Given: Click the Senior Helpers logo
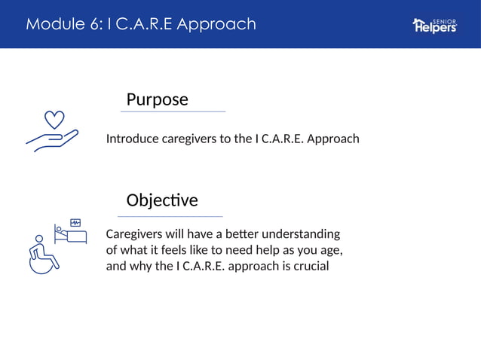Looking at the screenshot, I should click(x=434, y=25).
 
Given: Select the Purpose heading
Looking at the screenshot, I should click(x=157, y=99).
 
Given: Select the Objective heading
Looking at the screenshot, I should click(x=162, y=200).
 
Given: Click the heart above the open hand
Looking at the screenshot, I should click(x=54, y=119).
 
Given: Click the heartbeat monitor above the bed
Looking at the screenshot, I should click(x=75, y=222).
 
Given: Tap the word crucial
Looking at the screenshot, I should click(x=309, y=266).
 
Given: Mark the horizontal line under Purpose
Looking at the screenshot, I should click(x=173, y=111).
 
